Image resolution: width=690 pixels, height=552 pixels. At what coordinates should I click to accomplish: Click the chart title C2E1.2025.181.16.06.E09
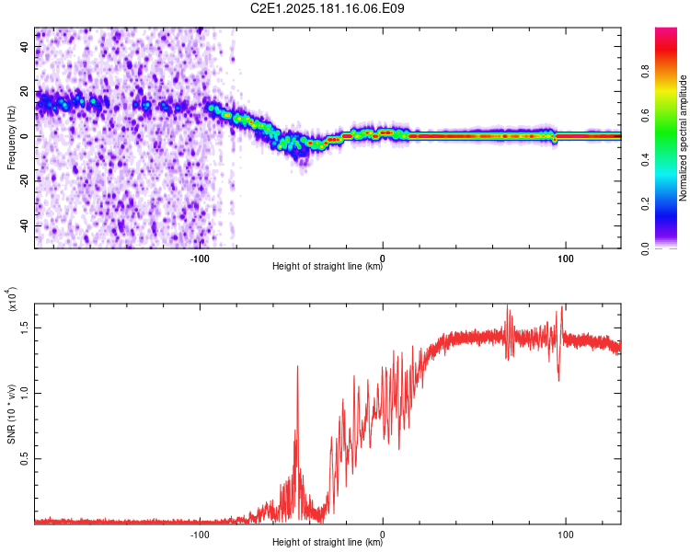pyautogui.click(x=327, y=8)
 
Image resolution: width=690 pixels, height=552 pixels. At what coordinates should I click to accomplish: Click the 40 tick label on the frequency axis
pyautogui.click(x=25, y=46)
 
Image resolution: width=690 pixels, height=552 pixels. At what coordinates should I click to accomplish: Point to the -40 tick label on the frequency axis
pyautogui.click(x=25, y=225)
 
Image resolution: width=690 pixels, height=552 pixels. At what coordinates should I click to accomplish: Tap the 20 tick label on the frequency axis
pyautogui.click(x=25, y=91)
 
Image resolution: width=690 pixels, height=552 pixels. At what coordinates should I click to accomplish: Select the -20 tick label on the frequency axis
pyautogui.click(x=25, y=181)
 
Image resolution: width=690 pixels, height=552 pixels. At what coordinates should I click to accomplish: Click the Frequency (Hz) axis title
pyautogui.click(x=11, y=138)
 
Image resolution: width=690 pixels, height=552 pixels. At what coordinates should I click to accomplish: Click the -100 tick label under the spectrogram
pyautogui.click(x=200, y=259)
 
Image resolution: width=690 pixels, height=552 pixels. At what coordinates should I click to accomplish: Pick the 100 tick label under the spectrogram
pyautogui.click(x=566, y=259)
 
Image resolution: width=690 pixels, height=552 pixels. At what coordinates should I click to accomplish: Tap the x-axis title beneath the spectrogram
pyautogui.click(x=328, y=266)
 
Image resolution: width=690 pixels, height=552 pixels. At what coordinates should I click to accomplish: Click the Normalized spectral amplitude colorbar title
pyautogui.click(x=683, y=138)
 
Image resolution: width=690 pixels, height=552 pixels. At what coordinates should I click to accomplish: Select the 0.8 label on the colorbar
pyautogui.click(x=645, y=72)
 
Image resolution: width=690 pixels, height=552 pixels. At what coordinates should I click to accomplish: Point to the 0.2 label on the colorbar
pyautogui.click(x=645, y=204)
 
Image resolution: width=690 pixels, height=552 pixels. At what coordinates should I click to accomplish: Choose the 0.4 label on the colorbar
pyautogui.click(x=645, y=160)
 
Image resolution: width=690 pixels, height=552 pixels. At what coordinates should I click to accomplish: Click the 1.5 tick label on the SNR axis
pyautogui.click(x=25, y=328)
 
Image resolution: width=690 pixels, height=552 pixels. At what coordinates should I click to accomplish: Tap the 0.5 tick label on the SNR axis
pyautogui.click(x=25, y=459)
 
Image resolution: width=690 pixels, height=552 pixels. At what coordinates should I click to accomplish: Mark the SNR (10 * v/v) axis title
pyautogui.click(x=11, y=414)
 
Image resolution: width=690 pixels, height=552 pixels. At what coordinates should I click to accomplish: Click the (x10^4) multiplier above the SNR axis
pyautogui.click(x=12, y=299)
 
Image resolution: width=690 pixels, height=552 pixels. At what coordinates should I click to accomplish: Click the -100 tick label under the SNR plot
pyautogui.click(x=200, y=535)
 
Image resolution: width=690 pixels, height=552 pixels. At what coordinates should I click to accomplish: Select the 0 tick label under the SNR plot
pyautogui.click(x=383, y=535)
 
